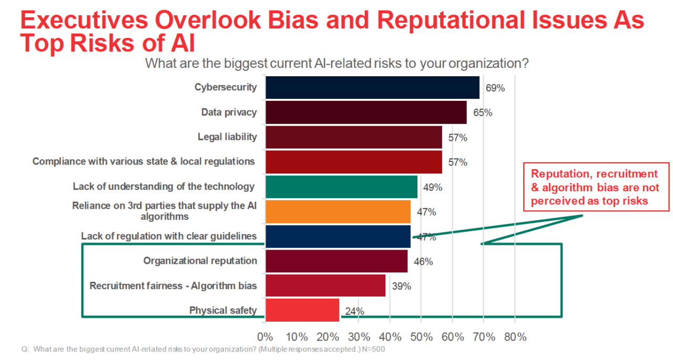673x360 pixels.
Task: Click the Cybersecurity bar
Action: click(x=372, y=87)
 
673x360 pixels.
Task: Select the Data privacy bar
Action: click(x=366, y=112)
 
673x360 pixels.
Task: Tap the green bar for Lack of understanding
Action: click(x=341, y=187)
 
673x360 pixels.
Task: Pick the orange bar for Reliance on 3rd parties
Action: click(x=338, y=211)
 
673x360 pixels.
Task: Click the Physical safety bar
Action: click(x=302, y=310)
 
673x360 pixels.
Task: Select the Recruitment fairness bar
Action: click(x=325, y=285)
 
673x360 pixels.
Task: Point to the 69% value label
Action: click(x=495, y=88)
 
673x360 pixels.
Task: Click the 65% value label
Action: click(x=483, y=113)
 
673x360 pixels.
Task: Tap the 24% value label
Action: click(x=355, y=311)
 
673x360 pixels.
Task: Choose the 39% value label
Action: click(x=401, y=286)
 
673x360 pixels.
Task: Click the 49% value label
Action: click(x=433, y=188)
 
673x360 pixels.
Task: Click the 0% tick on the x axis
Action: click(x=266, y=337)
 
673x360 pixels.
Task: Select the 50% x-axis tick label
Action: click(x=421, y=337)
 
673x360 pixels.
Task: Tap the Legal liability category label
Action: click(x=227, y=137)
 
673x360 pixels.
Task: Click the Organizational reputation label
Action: click(x=200, y=261)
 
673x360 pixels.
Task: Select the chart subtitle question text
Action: click(x=336, y=64)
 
